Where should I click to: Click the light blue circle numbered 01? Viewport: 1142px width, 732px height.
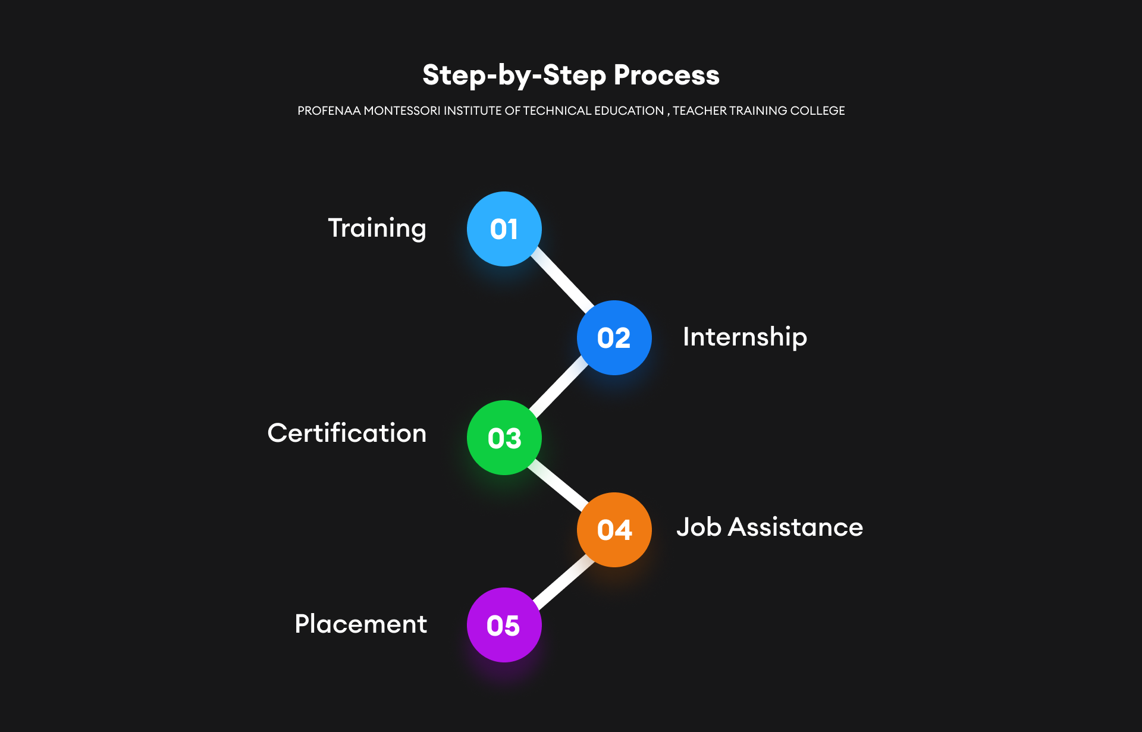tap(504, 229)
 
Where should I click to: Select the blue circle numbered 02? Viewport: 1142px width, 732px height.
tap(614, 338)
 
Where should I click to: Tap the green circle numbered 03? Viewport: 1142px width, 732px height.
tap(504, 438)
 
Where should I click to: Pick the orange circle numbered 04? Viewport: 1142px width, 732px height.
tap(614, 530)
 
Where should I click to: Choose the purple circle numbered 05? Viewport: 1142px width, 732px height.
tap(504, 625)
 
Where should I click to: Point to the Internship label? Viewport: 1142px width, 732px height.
tap(745, 337)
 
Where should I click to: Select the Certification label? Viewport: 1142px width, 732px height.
tap(347, 433)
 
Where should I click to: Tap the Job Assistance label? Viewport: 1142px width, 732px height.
tap(770, 527)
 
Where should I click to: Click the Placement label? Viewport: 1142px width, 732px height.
tap(360, 624)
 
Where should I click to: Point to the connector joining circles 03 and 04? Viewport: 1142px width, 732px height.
tap(559, 484)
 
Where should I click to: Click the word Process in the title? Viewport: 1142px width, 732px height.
tap(666, 76)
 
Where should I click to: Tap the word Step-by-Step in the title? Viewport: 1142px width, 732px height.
tap(514, 76)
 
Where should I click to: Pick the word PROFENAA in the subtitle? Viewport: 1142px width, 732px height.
tap(329, 111)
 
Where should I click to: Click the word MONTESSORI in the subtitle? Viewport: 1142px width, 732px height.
tap(401, 111)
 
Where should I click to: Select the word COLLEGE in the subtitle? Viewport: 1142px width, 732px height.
tap(817, 111)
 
